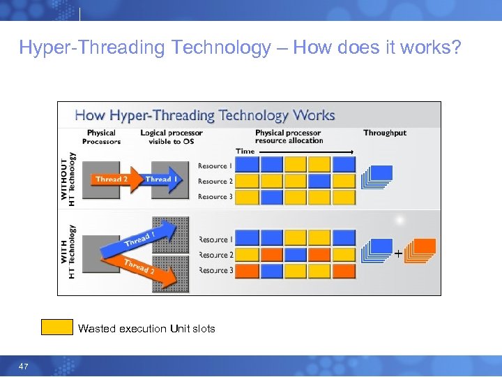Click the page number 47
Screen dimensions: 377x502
pos(24,367)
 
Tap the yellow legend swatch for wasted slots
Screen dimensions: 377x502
pos(56,327)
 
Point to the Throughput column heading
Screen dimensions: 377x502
pos(384,133)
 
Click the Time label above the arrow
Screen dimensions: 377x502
pos(245,151)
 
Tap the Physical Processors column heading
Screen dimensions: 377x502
pos(101,137)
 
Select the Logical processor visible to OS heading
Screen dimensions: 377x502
pos(171,137)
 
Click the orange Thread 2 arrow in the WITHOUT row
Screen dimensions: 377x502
pos(114,179)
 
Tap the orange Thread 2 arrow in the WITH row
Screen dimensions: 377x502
pos(143,271)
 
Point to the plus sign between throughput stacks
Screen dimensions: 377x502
pos(398,254)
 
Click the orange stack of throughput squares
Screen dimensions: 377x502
pos(420,251)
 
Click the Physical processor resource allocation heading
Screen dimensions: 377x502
pos(289,137)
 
